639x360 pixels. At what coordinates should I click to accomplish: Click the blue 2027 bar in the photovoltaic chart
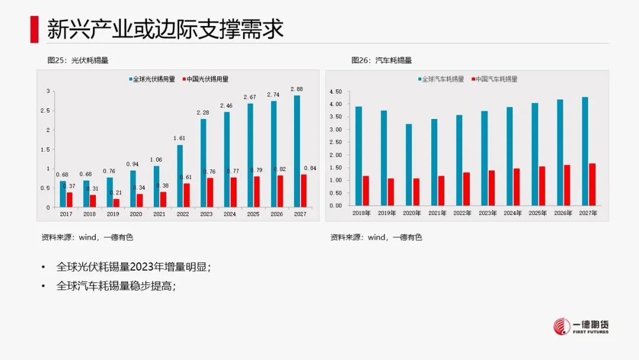click(x=297, y=151)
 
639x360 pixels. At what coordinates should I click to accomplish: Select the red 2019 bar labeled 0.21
click(x=116, y=202)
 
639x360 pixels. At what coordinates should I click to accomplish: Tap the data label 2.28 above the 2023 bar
click(x=202, y=112)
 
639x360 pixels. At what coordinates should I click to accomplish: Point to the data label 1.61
click(x=179, y=138)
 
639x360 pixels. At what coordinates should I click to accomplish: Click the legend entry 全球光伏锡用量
click(x=151, y=79)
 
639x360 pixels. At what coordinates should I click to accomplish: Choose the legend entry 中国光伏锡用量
click(x=205, y=79)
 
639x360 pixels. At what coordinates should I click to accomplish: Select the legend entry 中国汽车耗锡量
click(x=494, y=79)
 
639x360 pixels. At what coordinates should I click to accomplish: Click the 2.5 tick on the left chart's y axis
click(x=45, y=111)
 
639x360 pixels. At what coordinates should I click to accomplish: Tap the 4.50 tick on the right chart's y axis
click(x=335, y=92)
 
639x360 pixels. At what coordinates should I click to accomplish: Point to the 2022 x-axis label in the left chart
click(x=183, y=214)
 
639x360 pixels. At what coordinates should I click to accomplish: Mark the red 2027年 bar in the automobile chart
click(x=592, y=184)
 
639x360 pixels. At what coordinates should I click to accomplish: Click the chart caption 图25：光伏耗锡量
click(x=78, y=60)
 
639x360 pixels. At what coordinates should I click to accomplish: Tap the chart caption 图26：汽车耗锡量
click(x=382, y=60)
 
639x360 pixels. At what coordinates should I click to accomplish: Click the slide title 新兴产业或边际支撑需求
click(x=165, y=30)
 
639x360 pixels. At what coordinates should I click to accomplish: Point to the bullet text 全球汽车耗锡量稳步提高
click(x=116, y=285)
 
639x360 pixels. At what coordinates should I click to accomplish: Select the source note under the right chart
click(x=376, y=237)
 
